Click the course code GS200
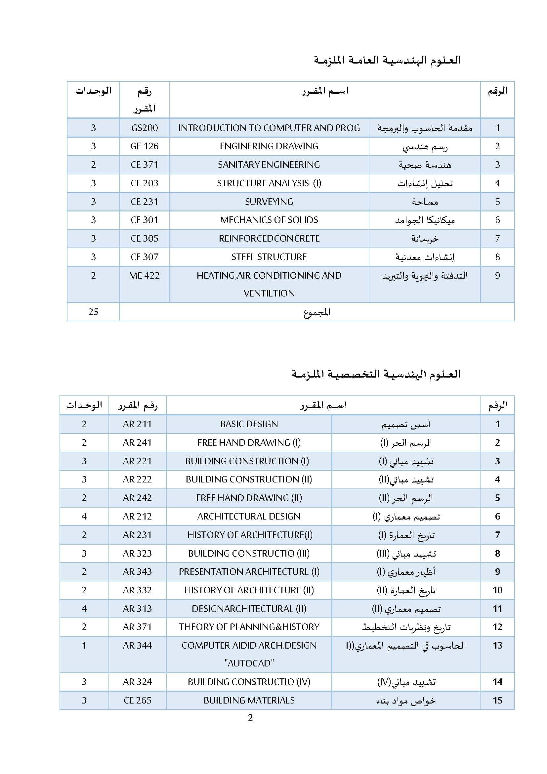pos(144,128)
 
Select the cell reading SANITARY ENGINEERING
pos(269,164)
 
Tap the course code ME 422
pos(144,275)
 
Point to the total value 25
pos(93,312)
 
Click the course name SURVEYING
pos(269,202)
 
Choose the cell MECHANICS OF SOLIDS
pos(269,220)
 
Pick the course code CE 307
pos(144,257)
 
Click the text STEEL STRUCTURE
pos(269,257)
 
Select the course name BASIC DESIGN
pos(249,424)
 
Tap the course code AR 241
pos(137,443)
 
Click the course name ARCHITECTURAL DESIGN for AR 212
pos(249,517)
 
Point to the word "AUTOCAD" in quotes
pos(249,663)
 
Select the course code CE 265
pos(138,701)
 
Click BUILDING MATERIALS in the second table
pos(249,701)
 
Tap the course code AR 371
pos(137,627)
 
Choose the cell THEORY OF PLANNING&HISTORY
pos(249,627)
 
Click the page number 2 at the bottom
pos(250,718)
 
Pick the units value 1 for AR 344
pos(84,645)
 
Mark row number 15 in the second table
pos(497,701)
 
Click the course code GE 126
pos(144,146)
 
